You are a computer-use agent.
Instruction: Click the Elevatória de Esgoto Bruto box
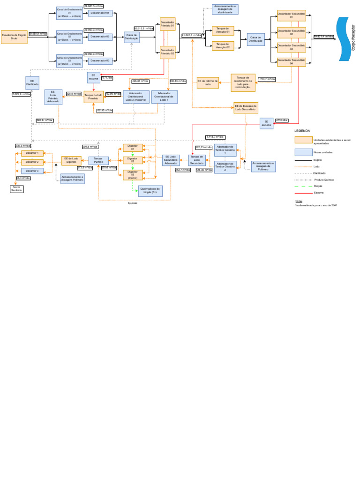14,37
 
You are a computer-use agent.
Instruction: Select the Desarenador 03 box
100,60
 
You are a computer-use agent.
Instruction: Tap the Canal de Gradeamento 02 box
69,36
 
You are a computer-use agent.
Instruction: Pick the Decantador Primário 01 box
167,24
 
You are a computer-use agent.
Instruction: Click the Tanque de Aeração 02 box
223,45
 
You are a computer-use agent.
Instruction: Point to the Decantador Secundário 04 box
291,62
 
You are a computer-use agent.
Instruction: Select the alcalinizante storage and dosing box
225,9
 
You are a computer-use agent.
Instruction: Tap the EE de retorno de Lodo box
208,82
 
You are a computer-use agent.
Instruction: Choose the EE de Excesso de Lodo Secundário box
246,108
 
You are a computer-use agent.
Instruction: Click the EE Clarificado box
32,83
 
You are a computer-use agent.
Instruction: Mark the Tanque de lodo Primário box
93,97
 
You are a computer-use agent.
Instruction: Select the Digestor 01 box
133,148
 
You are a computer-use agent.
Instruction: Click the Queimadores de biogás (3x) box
150,191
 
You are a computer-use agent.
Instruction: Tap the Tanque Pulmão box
98,161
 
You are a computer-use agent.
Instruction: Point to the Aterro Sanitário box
16,189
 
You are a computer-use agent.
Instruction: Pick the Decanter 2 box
32,162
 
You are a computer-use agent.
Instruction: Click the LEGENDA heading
302,131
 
